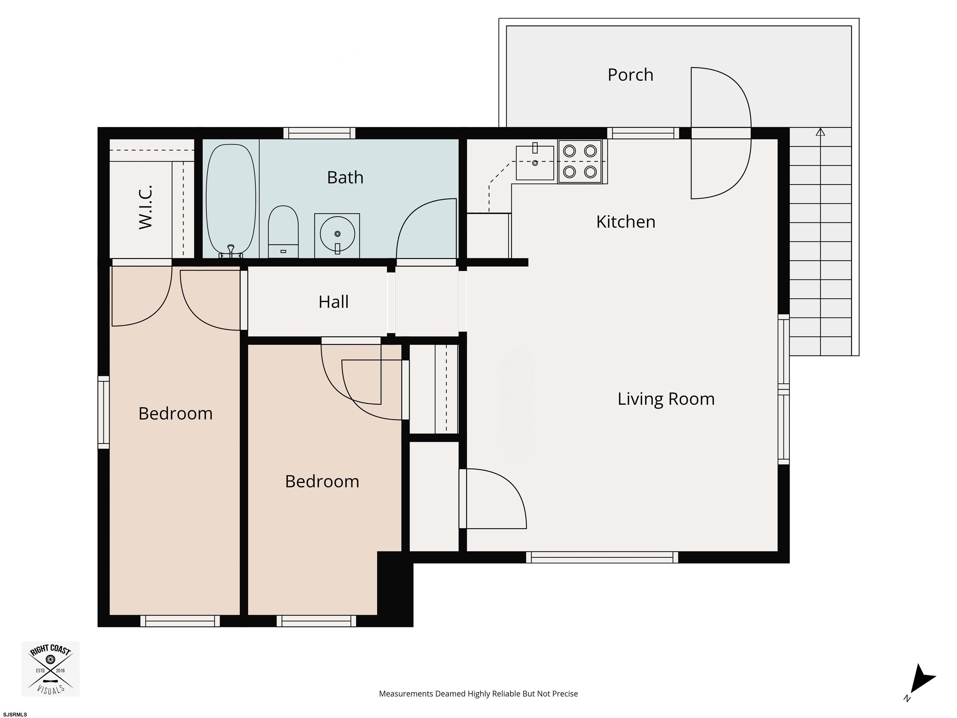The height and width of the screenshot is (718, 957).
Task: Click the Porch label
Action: tap(630, 75)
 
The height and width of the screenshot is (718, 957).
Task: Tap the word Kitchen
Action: tap(626, 222)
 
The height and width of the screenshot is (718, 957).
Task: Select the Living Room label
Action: tap(666, 399)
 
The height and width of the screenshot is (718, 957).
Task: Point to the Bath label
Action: tap(345, 177)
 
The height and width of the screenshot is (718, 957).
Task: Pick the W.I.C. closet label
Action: tap(145, 207)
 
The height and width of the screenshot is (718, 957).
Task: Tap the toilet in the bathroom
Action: tap(283, 232)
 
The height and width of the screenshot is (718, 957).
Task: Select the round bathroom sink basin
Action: tap(337, 234)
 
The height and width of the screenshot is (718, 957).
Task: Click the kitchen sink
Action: tap(535, 163)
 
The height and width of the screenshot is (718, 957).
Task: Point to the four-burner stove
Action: tap(580, 161)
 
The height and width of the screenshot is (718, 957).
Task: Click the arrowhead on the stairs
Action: tap(820, 132)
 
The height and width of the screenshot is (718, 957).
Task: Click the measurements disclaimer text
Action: tap(478, 694)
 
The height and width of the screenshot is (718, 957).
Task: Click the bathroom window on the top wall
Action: tap(319, 133)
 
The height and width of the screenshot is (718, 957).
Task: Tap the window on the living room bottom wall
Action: tap(602, 558)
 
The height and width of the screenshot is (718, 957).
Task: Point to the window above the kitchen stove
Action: tap(643, 133)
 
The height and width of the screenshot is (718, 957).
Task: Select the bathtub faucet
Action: tap(231, 250)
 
